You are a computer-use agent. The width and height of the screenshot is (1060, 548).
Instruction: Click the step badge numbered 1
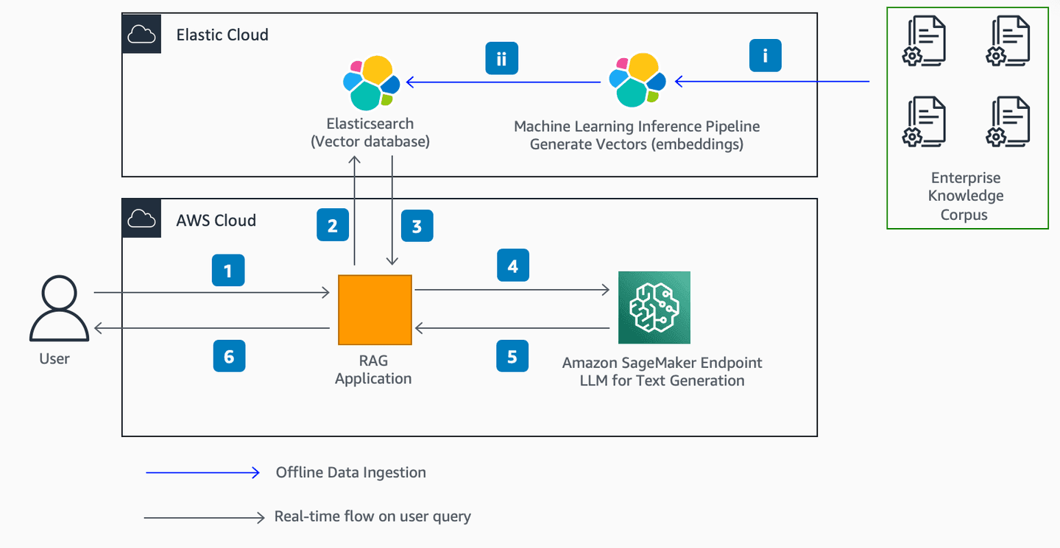coord(227,271)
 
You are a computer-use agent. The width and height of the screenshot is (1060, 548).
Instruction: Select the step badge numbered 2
coord(333,225)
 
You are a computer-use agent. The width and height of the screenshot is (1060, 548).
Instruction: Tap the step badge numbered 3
coord(417,226)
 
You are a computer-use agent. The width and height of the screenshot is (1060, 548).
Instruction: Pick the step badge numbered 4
coord(512,266)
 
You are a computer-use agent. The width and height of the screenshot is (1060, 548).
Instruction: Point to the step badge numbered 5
coord(512,356)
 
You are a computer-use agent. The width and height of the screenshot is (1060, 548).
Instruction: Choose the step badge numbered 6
coord(228,356)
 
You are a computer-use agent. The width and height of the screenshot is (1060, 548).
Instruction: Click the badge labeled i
coord(765,56)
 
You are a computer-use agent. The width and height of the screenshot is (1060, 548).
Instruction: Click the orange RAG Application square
coord(375,310)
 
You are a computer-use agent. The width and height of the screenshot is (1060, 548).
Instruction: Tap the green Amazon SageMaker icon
coord(654,307)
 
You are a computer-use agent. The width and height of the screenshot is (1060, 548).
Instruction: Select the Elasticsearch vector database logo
coord(371,82)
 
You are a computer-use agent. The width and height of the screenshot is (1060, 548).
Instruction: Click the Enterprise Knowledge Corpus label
coord(965,196)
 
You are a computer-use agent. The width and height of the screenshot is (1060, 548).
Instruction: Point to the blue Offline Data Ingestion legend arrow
coord(203,472)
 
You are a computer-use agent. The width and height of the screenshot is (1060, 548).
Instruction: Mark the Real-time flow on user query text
coord(372,516)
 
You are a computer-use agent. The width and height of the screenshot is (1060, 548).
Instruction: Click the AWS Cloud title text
coord(216,220)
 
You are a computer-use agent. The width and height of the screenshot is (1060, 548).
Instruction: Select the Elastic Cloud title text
coord(222,35)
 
